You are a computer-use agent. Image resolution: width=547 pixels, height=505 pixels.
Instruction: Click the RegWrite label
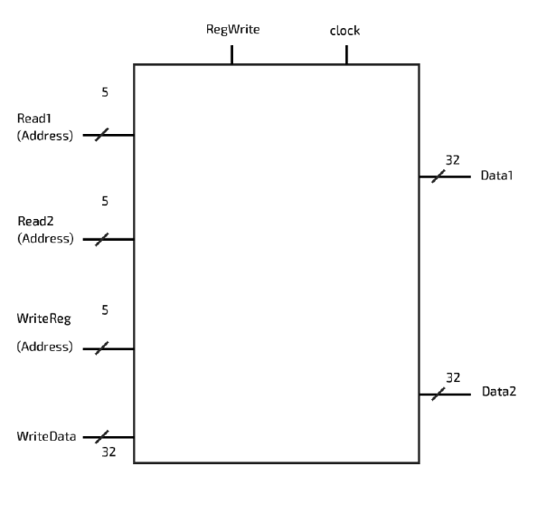tap(232, 30)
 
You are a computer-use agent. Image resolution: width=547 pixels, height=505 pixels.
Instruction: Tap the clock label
tap(344, 31)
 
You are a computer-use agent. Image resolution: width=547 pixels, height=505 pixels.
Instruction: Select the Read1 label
tap(34, 119)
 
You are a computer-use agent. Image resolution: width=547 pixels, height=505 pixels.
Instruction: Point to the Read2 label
tap(35, 222)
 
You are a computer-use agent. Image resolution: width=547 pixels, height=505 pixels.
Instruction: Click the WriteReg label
tap(44, 319)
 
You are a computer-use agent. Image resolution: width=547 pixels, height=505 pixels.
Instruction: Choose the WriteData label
tap(46, 436)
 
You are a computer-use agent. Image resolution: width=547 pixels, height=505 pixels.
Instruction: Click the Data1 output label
tap(496, 176)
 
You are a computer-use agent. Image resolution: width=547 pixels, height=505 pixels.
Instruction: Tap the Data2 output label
tap(499, 392)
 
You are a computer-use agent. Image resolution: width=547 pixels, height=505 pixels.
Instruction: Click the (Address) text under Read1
tap(45, 136)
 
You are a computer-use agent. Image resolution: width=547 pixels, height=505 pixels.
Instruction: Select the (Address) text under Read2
tap(46, 239)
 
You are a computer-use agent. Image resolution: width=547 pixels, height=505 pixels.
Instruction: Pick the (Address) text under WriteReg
tap(45, 347)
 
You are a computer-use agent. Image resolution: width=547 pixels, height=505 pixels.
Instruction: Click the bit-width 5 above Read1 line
tap(105, 92)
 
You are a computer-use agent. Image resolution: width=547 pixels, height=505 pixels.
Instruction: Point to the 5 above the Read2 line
tap(105, 201)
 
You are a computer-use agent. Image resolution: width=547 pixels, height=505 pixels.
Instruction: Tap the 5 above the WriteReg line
tap(105, 310)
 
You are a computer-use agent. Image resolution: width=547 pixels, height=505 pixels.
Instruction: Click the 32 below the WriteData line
tap(108, 453)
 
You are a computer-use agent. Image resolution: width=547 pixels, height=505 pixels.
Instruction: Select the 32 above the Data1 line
tap(452, 160)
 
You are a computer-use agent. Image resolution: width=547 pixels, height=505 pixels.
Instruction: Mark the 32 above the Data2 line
tap(453, 378)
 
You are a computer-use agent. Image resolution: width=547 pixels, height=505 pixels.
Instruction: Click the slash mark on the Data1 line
tap(439, 176)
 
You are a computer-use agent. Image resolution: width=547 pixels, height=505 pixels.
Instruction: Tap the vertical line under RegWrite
tap(232, 55)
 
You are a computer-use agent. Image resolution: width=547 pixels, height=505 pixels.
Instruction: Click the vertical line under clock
tap(346, 55)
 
